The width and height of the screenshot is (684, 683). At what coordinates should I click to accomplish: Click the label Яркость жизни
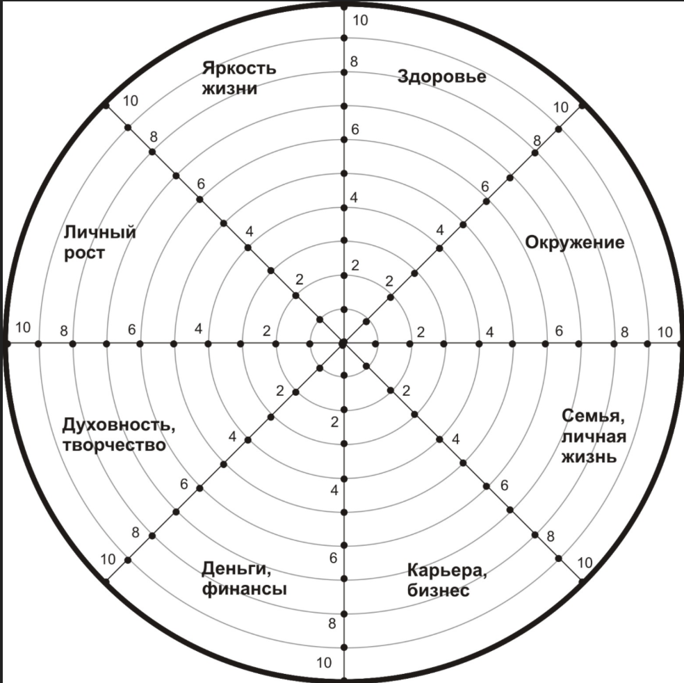click(x=239, y=78)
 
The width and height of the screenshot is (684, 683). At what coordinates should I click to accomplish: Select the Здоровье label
click(x=442, y=77)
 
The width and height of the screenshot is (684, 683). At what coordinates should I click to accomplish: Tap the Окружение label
click(x=574, y=242)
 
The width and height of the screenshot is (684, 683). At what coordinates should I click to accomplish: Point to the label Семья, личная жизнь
click(x=594, y=436)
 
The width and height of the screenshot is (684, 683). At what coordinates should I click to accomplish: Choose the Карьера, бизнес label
click(x=447, y=580)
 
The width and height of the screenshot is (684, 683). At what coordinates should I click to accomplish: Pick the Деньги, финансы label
click(x=244, y=579)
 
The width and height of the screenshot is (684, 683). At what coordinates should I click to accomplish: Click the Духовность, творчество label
click(x=119, y=435)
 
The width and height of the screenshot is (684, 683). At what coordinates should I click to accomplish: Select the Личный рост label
click(x=100, y=242)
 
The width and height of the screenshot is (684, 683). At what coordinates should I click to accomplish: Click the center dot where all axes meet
click(x=343, y=344)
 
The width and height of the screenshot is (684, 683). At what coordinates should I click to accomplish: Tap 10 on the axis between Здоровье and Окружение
click(x=560, y=107)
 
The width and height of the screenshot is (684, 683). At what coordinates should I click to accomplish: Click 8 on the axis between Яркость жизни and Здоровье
click(x=354, y=61)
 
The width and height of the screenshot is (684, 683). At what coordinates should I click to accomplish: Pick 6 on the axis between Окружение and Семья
click(x=559, y=331)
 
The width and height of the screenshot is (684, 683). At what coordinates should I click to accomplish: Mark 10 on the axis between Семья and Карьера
click(x=585, y=563)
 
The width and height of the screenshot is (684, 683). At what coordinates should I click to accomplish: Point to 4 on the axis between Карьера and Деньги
click(x=334, y=490)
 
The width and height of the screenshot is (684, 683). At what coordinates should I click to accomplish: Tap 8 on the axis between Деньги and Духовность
click(x=136, y=533)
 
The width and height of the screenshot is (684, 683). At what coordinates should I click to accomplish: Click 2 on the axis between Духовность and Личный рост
click(x=266, y=331)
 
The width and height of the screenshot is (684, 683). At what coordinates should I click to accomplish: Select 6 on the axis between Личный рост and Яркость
click(x=201, y=184)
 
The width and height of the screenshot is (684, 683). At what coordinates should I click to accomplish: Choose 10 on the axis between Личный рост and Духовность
click(x=23, y=328)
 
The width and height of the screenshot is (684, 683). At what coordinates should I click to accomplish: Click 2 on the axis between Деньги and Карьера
click(x=334, y=422)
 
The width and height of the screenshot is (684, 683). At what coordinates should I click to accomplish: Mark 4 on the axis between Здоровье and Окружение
click(x=440, y=230)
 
